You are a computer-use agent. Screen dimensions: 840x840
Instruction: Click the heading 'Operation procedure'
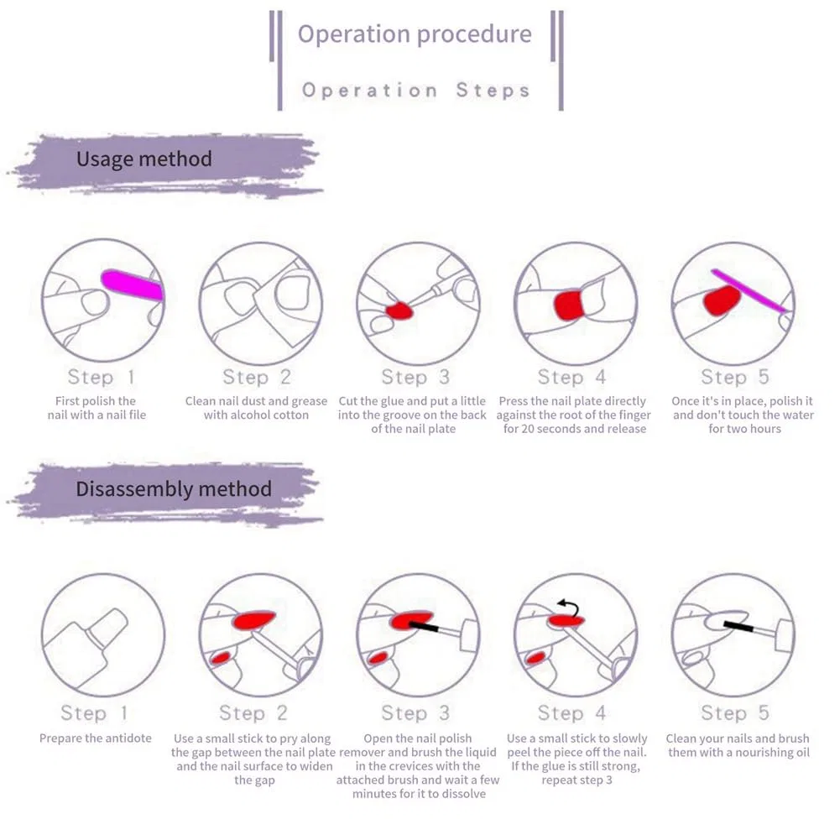(415, 34)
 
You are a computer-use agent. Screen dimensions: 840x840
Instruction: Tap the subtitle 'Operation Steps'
(415, 90)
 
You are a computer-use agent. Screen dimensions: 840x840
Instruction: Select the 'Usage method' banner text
(144, 159)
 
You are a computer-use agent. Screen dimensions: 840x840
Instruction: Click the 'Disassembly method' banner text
(174, 489)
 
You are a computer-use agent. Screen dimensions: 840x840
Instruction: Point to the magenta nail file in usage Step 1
(133, 285)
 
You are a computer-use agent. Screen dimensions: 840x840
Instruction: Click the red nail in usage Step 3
(399, 310)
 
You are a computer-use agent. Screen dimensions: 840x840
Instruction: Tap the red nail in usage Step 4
(568, 305)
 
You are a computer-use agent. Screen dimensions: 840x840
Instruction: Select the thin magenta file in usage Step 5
(749, 290)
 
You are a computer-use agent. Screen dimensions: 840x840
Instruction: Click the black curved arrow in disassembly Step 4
(569, 608)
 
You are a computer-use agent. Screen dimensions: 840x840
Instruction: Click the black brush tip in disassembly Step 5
(738, 626)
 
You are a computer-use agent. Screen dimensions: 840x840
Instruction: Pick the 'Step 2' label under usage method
(257, 377)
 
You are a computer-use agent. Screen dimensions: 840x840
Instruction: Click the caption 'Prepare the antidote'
(96, 738)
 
